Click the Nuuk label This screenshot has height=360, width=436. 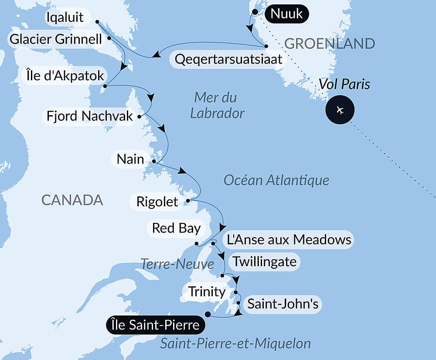tap(286, 14)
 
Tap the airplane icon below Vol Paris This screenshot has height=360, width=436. tap(340, 110)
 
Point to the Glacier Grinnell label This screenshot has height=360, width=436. tap(55, 40)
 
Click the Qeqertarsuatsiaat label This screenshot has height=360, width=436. tap(228, 59)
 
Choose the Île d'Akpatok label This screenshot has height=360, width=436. tap(63, 76)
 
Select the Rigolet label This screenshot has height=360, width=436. tap(157, 202)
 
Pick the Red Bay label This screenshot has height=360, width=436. tap(176, 228)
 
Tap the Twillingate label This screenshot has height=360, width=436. tap(265, 262)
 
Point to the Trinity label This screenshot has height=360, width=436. tap(206, 291)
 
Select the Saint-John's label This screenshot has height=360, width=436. tap(283, 304)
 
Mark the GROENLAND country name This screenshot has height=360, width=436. tap(329, 43)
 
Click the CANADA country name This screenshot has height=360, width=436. tap(72, 200)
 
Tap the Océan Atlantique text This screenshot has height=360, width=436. tap(276, 180)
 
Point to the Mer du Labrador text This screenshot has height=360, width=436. tap(218, 105)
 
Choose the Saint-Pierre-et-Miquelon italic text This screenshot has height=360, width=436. tap(235, 343)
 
